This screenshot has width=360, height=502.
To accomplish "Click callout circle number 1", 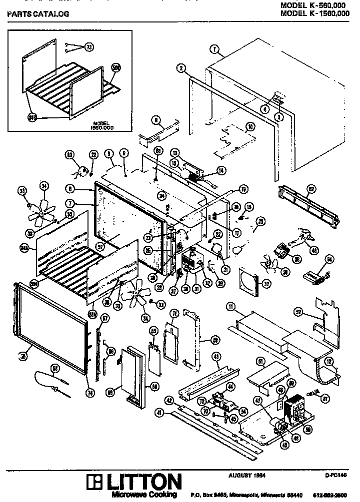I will [x=214, y=49].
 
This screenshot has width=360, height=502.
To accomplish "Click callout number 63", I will [x=69, y=155].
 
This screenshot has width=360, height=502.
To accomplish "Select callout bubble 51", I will [x=260, y=361].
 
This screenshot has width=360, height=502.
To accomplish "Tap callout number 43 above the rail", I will [x=216, y=357].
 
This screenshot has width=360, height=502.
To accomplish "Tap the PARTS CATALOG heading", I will [x=38, y=14].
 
